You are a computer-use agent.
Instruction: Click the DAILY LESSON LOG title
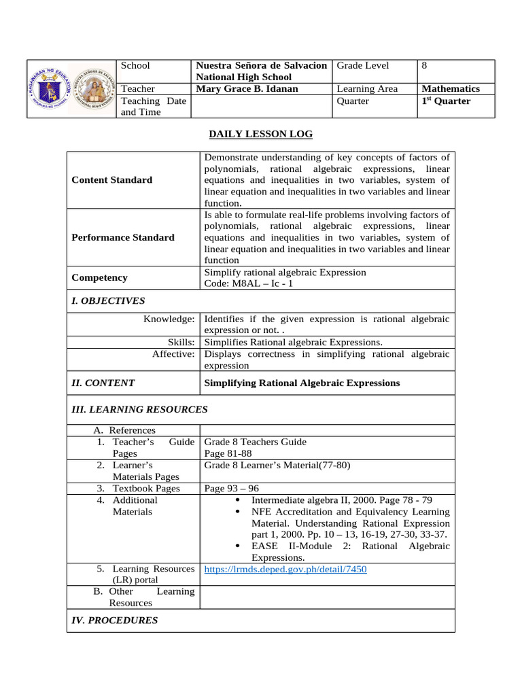pos(260,135)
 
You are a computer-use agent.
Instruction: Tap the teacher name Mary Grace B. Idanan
pos(247,88)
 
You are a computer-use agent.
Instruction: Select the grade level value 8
pos(425,65)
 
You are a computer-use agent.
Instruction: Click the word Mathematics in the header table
pos(451,88)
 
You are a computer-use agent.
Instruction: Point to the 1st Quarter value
pos(446,101)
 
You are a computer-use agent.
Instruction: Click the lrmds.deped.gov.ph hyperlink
pos(285,569)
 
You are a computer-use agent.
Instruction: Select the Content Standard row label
pos(111,180)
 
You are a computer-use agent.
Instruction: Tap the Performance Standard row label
pos(123,237)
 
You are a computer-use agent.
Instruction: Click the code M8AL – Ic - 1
pos(249,283)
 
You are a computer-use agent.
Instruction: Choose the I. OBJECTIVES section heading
pos(108,300)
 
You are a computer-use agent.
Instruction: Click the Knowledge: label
pos(169,319)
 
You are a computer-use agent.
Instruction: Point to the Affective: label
pos(173,354)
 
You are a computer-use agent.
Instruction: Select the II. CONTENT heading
pos(103,383)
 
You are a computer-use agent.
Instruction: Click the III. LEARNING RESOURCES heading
pos(139,409)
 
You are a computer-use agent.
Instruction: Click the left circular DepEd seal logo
pos(50,89)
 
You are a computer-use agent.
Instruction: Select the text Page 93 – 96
pos(231,488)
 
